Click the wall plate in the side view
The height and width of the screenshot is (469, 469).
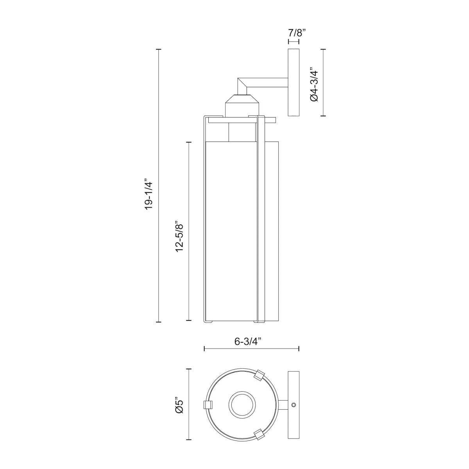click(294, 82)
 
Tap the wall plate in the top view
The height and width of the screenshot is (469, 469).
click(294, 398)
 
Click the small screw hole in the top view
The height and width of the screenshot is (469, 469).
click(294, 398)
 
